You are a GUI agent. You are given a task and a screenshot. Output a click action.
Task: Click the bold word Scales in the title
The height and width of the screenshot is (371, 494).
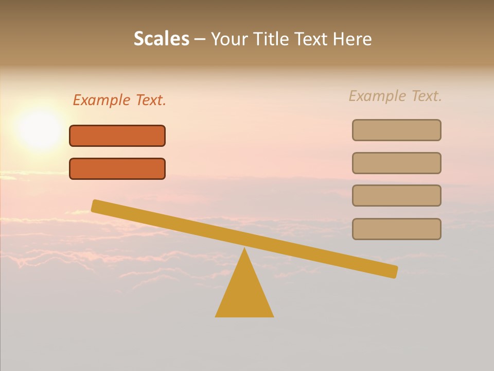tap(162, 39)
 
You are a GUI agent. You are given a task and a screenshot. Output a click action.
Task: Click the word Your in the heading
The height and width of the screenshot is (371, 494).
tap(230, 39)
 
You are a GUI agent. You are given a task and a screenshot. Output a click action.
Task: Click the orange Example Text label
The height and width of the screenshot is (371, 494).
tap(119, 100)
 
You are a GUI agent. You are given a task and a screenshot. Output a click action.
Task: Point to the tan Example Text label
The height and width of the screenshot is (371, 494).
tap(395, 96)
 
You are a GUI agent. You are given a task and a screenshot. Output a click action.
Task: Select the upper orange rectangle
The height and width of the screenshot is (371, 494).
tap(117, 136)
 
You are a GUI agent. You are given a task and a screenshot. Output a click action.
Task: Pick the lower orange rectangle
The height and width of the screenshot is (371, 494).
tap(117, 168)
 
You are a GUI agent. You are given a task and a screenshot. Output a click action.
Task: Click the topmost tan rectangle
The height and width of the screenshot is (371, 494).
tap(396, 130)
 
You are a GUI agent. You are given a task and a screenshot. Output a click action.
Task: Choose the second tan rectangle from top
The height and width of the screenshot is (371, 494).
tap(396, 163)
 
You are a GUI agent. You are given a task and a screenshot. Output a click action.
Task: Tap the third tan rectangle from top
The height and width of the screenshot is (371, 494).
tap(396, 195)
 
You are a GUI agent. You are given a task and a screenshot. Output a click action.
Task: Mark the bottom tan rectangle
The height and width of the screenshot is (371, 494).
tap(396, 229)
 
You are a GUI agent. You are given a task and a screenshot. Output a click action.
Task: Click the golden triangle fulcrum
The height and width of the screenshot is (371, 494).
tap(244, 294)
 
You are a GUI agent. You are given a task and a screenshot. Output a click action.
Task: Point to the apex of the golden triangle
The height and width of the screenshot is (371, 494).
tap(244, 250)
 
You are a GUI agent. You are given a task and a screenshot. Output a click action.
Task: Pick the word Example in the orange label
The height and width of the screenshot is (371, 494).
tap(101, 100)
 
